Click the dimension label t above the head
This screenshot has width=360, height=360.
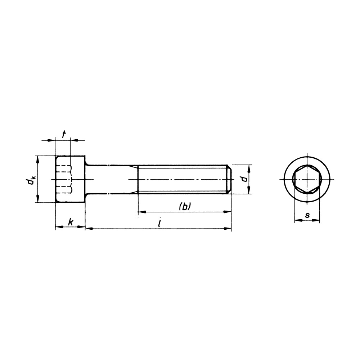click(x=64, y=135)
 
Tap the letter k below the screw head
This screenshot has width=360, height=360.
click(x=71, y=222)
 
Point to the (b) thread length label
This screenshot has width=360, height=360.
click(x=185, y=206)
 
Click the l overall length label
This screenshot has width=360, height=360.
click(x=159, y=223)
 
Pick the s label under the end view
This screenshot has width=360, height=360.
click(x=307, y=215)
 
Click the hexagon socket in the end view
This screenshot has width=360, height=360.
click(x=307, y=179)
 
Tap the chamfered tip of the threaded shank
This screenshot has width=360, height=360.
click(x=229, y=179)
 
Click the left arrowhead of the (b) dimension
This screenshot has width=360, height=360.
click(x=142, y=212)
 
